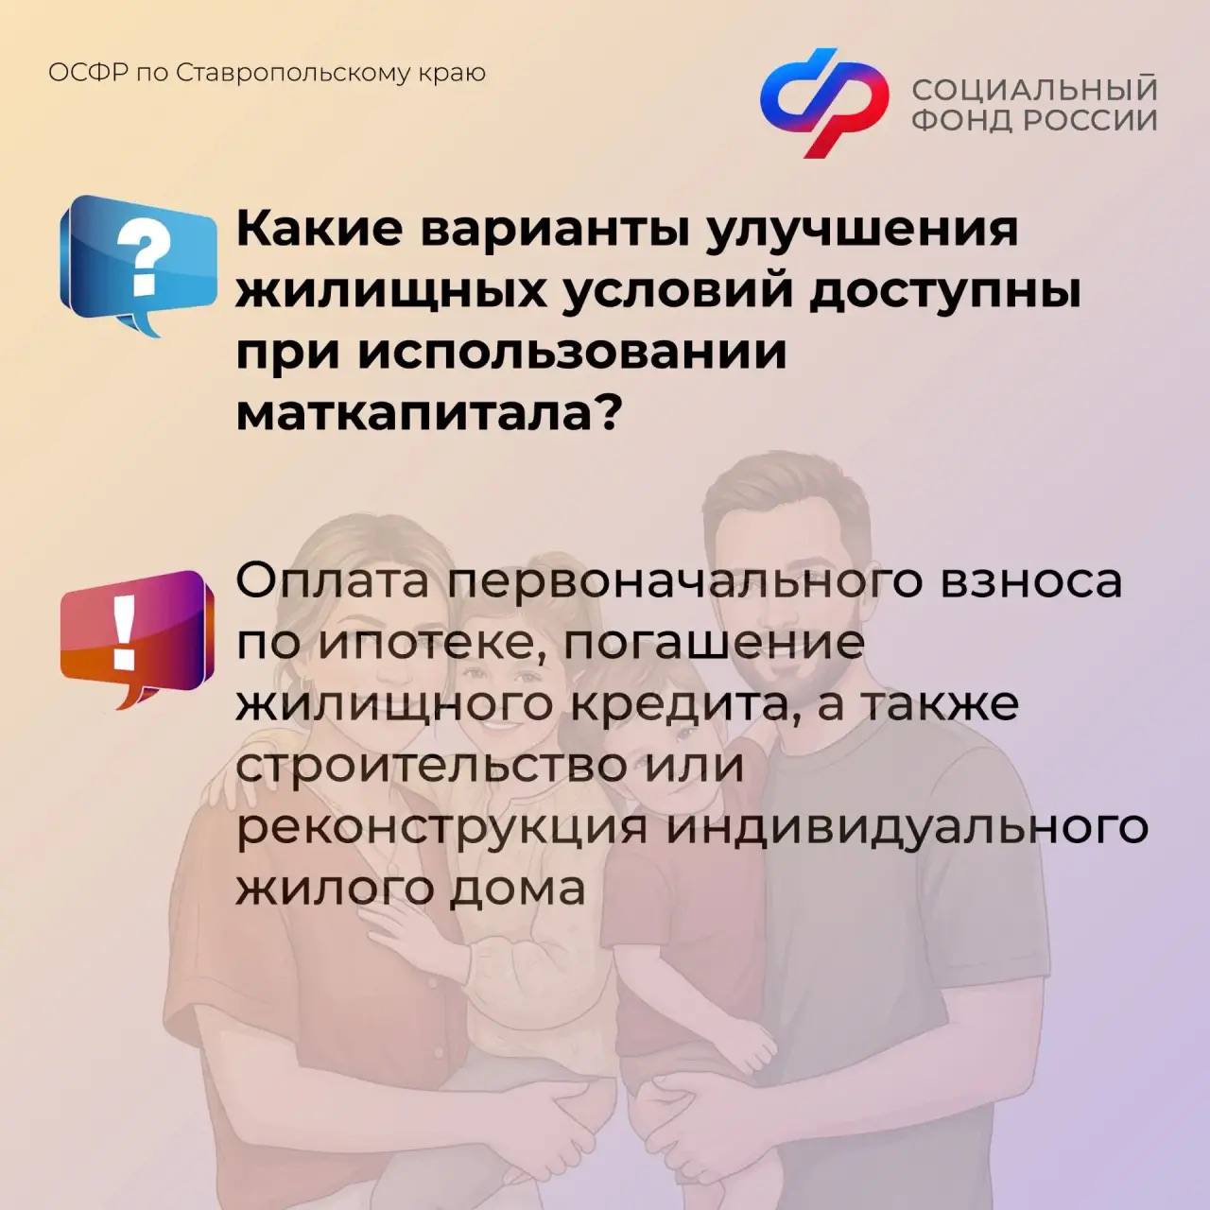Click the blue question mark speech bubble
pos(138,264)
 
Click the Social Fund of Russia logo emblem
pos(824,102)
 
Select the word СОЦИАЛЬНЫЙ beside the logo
pos(1035,90)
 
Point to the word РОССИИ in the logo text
pos(1091,119)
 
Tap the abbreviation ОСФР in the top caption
pos(87,74)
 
